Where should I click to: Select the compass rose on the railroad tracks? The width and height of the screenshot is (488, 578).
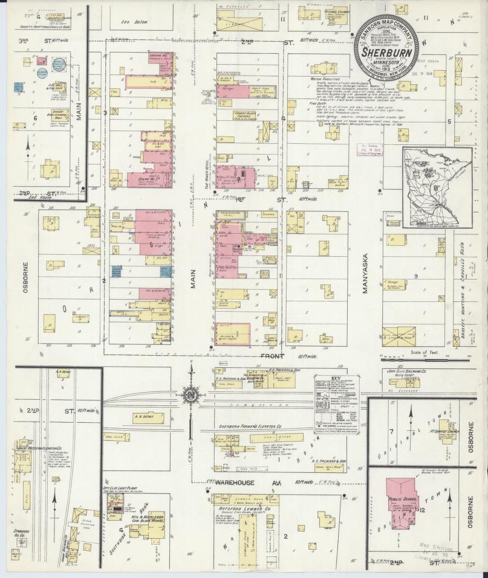point(191,396)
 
